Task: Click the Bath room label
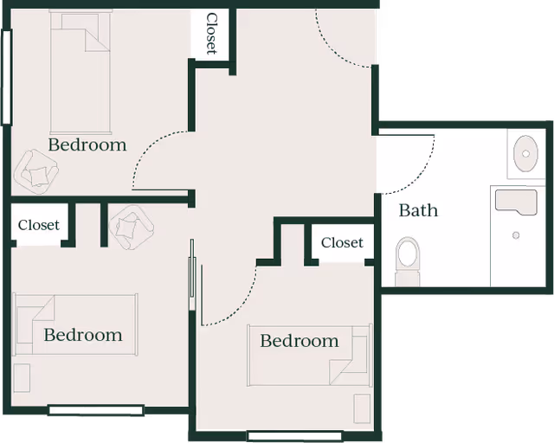(418, 210)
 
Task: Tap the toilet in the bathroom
(408, 257)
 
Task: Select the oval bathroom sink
(525, 154)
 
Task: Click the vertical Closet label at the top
(210, 34)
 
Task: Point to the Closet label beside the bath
(342, 243)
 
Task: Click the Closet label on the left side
(39, 225)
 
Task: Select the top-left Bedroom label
(87, 144)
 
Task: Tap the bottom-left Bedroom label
(83, 335)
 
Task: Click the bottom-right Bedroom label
(300, 341)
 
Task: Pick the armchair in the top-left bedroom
(38, 169)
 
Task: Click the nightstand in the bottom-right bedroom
(362, 408)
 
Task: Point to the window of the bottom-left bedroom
(95, 409)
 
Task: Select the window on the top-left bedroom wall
(9, 78)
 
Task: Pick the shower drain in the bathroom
(516, 235)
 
